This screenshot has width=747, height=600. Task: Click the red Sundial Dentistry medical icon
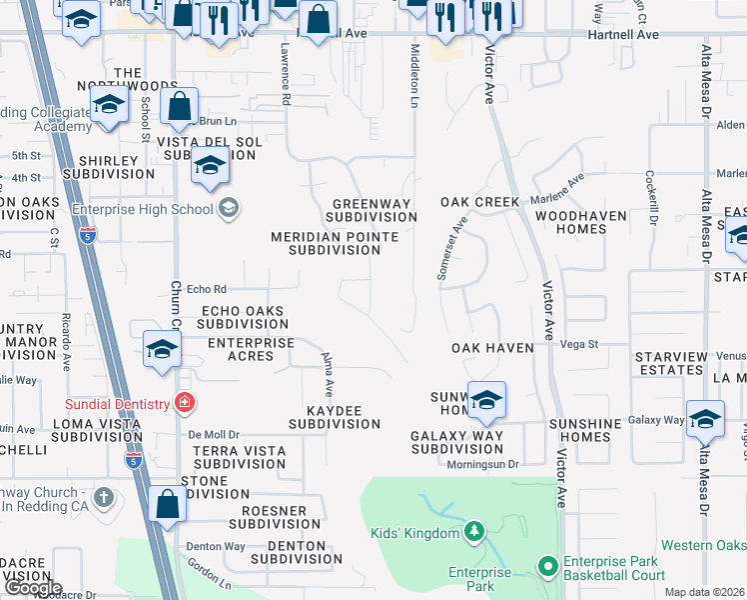[x=183, y=403]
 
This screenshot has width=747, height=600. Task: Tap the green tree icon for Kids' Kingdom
[x=475, y=532]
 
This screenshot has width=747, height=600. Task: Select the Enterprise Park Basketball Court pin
[x=547, y=566]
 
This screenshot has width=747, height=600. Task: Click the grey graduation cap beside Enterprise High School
[x=229, y=208]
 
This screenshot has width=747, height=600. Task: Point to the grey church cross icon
[x=104, y=497]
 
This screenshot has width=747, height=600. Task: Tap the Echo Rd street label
[x=207, y=288]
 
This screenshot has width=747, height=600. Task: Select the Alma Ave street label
[x=327, y=371]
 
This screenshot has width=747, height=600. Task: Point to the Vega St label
[x=578, y=344]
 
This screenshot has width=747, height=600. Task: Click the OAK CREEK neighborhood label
[x=480, y=202]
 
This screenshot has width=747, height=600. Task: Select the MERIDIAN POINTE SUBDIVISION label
[x=335, y=244]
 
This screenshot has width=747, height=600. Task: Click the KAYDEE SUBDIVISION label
[x=335, y=417]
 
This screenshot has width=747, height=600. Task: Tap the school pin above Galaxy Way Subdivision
[x=486, y=399]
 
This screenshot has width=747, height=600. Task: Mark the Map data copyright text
[x=705, y=592]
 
